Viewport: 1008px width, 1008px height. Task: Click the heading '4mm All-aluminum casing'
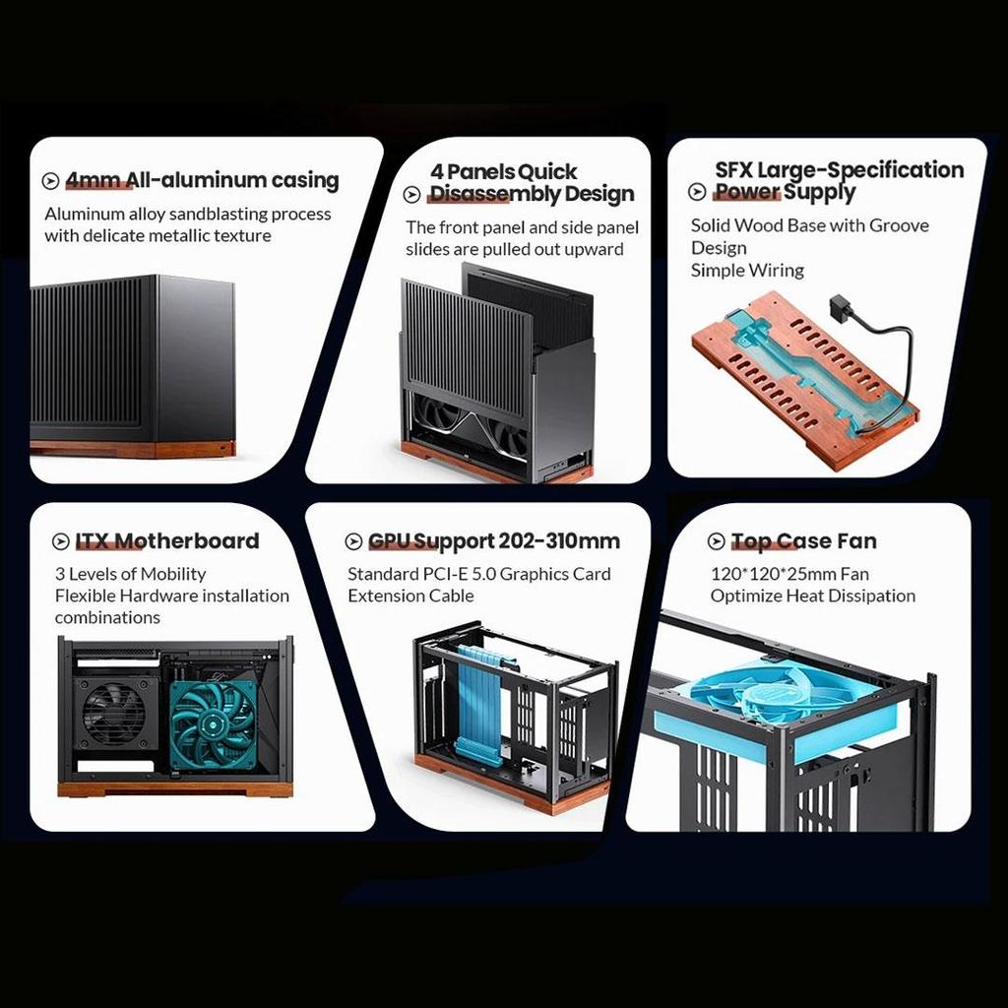[x=202, y=180]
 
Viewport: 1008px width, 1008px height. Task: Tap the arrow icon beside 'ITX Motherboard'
[x=60, y=541]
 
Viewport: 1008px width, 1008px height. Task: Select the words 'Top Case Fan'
[x=803, y=541]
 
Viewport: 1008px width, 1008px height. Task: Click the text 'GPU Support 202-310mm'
[x=494, y=541]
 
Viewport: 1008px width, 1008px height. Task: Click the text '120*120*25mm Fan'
[x=789, y=574]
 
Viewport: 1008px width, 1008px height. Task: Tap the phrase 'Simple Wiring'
[x=747, y=270]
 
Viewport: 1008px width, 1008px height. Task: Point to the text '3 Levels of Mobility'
[x=131, y=574]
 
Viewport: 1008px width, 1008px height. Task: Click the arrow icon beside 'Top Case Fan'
[x=717, y=541]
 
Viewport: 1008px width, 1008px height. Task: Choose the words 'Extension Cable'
[x=410, y=596]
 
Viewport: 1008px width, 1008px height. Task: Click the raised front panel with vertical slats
[x=466, y=347]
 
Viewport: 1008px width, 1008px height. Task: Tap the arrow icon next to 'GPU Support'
[x=353, y=541]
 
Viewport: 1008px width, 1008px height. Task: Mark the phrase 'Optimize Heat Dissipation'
[x=812, y=596]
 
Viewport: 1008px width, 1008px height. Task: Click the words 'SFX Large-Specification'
[x=839, y=169]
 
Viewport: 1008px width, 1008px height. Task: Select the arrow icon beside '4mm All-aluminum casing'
[x=51, y=181]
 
